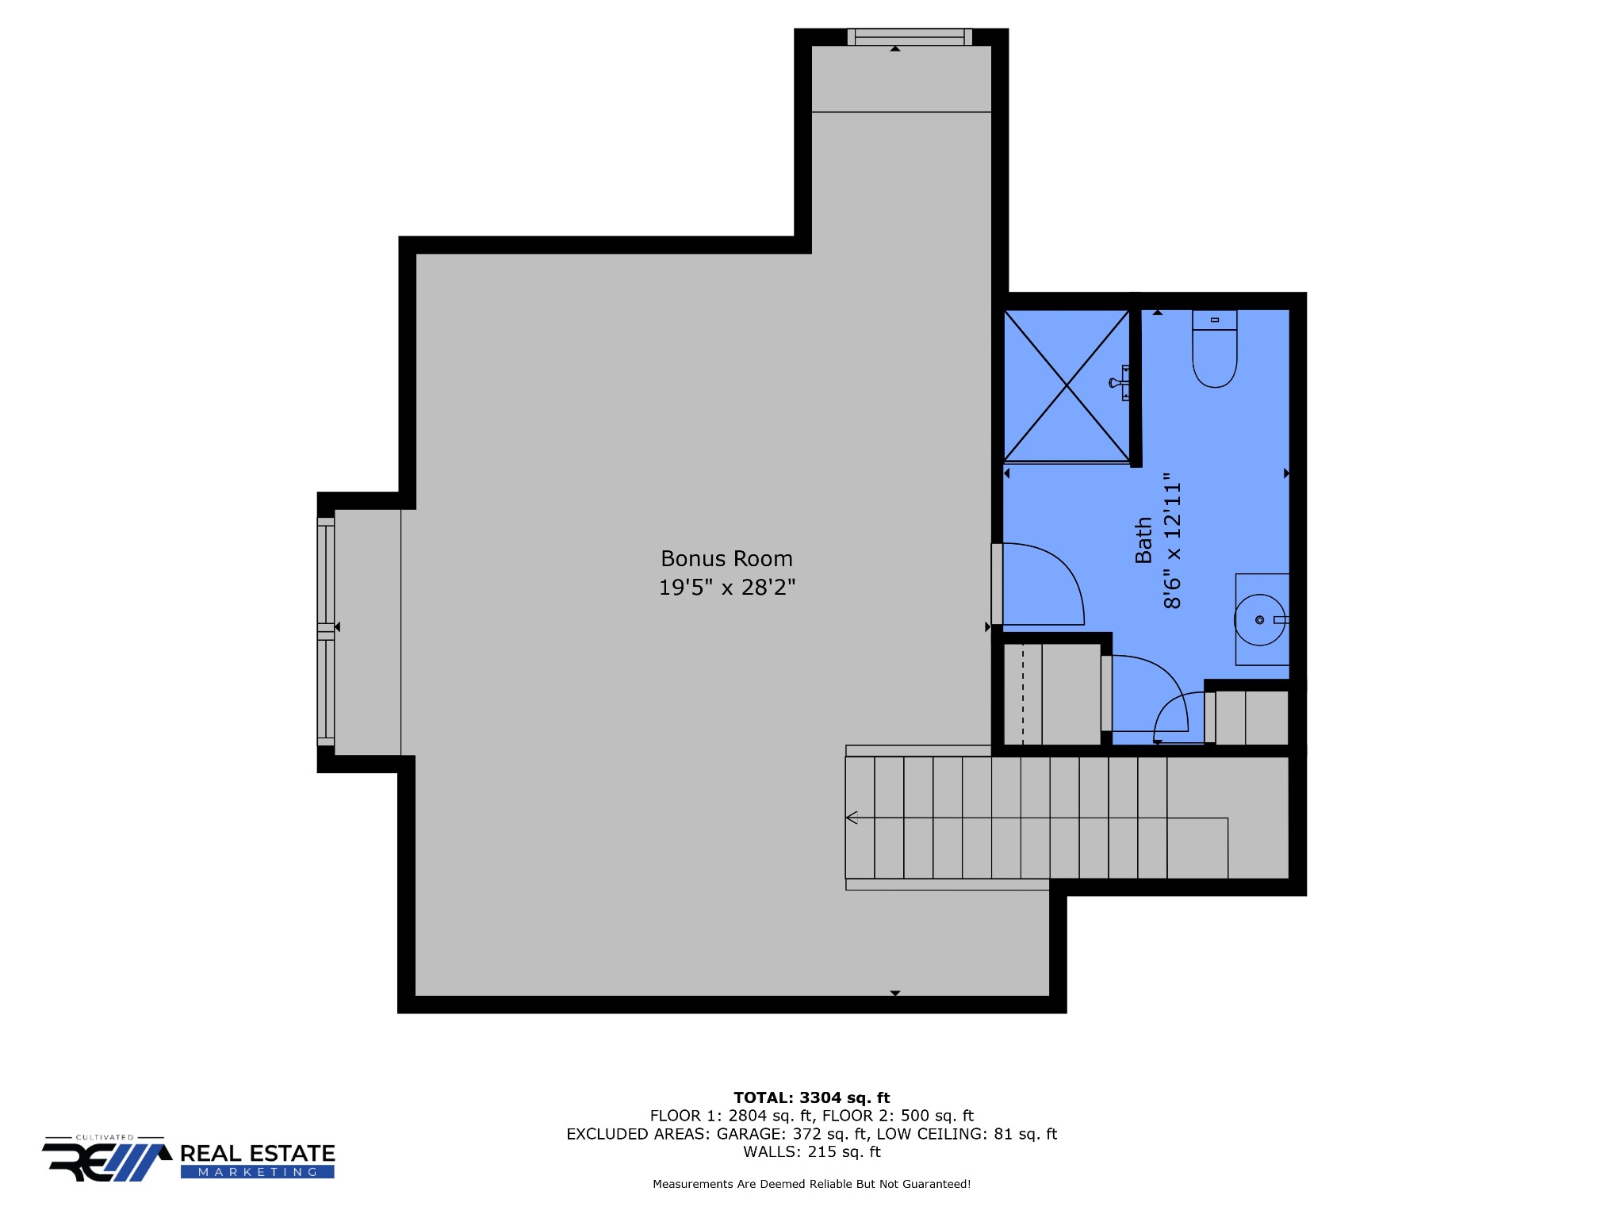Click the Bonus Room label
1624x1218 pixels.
726,559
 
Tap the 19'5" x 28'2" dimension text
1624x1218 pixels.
726,588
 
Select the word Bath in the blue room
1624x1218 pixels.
1143,540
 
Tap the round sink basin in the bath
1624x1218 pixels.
1258,620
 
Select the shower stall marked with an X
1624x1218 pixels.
1066,385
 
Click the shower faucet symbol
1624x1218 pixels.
1120,383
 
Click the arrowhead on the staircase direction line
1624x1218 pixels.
852,818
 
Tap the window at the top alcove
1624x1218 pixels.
910,36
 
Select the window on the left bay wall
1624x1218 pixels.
325,632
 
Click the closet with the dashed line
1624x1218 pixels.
1050,694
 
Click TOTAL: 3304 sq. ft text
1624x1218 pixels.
811,1097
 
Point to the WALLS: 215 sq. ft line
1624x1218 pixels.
811,1152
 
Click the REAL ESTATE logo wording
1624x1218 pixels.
258,1154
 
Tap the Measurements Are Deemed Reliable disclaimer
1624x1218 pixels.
811,1184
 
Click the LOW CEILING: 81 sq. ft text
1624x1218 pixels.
967,1134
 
